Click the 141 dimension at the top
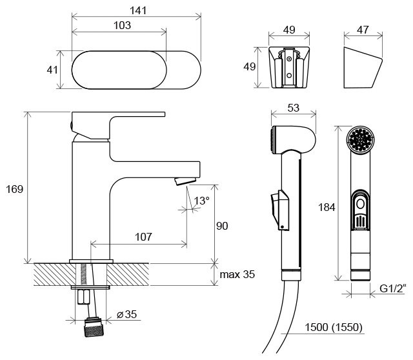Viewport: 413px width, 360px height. point(137,10)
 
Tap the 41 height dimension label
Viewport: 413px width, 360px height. point(52,70)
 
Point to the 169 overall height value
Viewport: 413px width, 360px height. point(14,189)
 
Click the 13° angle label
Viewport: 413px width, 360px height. point(202,201)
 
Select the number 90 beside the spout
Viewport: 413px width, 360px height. point(222,226)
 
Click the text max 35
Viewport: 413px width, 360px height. point(237,274)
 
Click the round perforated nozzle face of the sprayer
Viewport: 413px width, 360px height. point(360,140)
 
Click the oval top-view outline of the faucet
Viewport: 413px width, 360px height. point(136,70)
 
